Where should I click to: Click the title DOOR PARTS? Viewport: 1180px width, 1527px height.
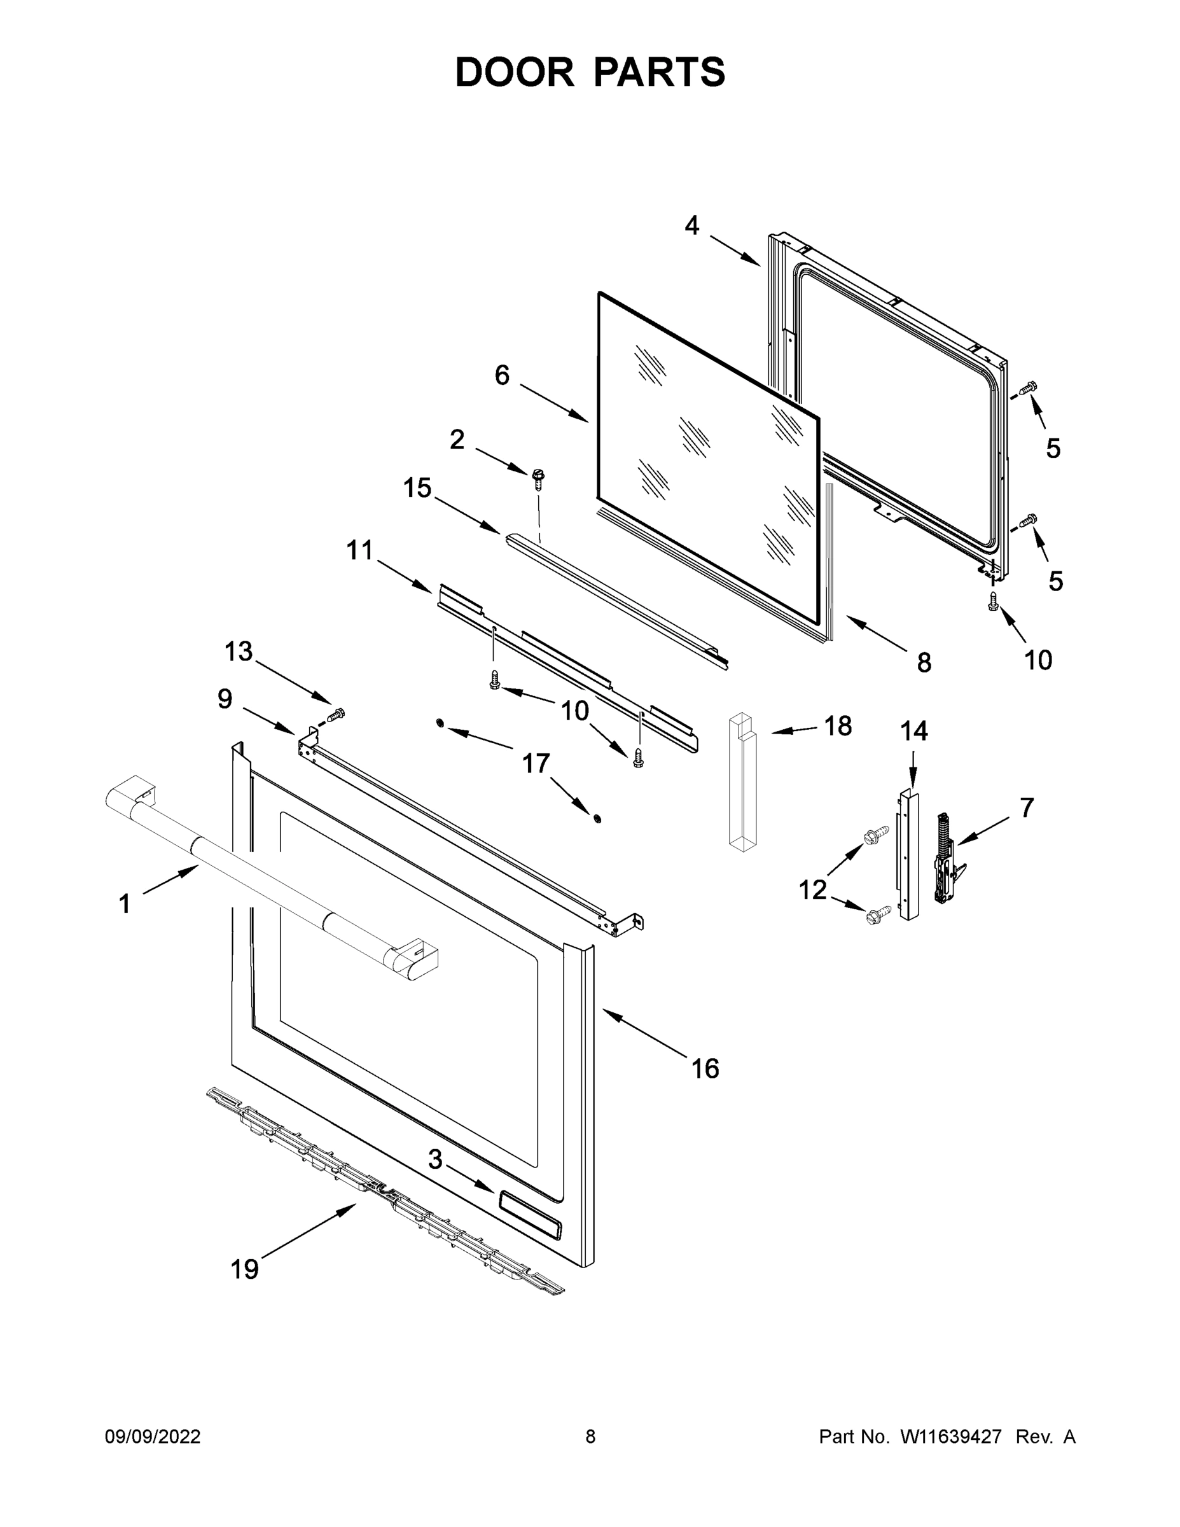point(590,73)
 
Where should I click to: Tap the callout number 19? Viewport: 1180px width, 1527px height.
point(245,1269)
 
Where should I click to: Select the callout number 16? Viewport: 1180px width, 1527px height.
point(705,1068)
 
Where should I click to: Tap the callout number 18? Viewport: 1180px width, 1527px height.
point(838,727)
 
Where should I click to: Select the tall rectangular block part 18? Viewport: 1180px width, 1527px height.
point(742,783)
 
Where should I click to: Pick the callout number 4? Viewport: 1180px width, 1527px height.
point(691,225)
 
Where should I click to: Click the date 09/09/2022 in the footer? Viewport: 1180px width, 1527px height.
point(153,1437)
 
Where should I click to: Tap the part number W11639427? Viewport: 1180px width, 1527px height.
point(951,1437)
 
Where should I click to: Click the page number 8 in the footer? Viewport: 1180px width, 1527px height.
point(590,1437)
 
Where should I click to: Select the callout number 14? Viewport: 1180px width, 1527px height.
point(913,730)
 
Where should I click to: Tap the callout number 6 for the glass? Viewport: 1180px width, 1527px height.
point(502,375)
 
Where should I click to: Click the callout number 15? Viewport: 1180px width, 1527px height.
point(417,488)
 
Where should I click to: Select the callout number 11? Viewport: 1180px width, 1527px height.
point(360,550)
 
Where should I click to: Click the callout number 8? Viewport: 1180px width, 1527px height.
point(924,662)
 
